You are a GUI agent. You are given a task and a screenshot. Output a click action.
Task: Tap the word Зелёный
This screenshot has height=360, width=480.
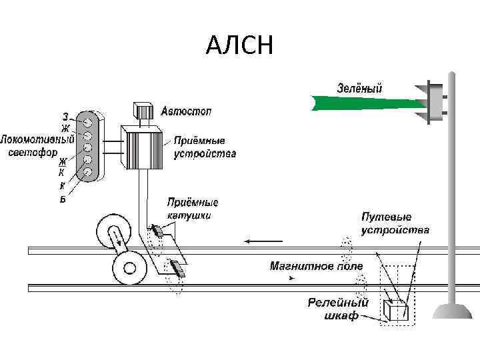tap(359, 87)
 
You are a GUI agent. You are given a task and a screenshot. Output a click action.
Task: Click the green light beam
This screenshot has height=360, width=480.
tap(367, 102)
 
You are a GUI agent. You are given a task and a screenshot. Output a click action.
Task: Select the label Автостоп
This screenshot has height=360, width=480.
tap(186, 111)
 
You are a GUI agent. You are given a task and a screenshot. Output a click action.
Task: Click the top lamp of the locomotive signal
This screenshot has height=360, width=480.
tap(87, 122)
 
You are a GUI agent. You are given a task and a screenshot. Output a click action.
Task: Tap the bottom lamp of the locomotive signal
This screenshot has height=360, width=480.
tap(87, 173)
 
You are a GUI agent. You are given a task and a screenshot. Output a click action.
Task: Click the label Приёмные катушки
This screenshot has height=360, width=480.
tap(193, 209)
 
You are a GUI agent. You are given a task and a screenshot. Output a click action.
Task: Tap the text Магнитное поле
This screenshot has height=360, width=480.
tap(317, 266)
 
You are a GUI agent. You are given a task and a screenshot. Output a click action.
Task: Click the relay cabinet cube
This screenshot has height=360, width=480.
tap(398, 310)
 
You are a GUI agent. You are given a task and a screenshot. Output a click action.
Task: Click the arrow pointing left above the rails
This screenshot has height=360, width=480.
tap(257, 241)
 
